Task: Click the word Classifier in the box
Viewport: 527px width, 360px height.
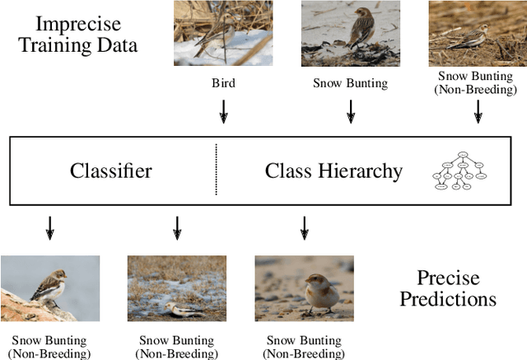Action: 110,171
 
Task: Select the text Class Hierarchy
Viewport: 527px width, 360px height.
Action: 333,171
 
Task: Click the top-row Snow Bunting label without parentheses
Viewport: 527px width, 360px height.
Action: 350,83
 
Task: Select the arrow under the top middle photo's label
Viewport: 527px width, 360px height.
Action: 350,111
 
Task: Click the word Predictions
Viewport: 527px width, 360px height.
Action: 448,297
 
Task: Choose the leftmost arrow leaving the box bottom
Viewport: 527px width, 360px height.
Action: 49,227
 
